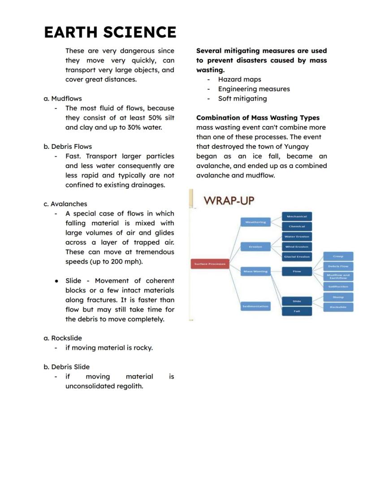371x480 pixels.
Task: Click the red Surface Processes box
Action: (210, 264)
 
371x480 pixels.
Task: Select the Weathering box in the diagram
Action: (255, 222)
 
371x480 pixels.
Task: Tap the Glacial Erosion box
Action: (297, 257)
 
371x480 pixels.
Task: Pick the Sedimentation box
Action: (255, 307)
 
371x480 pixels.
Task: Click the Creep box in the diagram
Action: (338, 256)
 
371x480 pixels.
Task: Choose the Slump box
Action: (338, 297)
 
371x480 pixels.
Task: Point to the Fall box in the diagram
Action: (297, 311)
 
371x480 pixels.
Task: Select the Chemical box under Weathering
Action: (297, 227)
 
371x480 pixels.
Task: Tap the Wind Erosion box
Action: (297, 246)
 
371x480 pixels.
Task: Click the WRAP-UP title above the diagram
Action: (229, 200)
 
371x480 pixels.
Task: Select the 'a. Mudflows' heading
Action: (63, 99)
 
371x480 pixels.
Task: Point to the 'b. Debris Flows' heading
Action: (68, 147)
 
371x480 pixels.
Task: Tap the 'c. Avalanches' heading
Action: (65, 204)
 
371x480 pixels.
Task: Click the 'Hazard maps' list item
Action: (239, 79)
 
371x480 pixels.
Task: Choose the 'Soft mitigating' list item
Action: (242, 99)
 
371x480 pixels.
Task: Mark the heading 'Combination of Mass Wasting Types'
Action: (258, 118)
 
